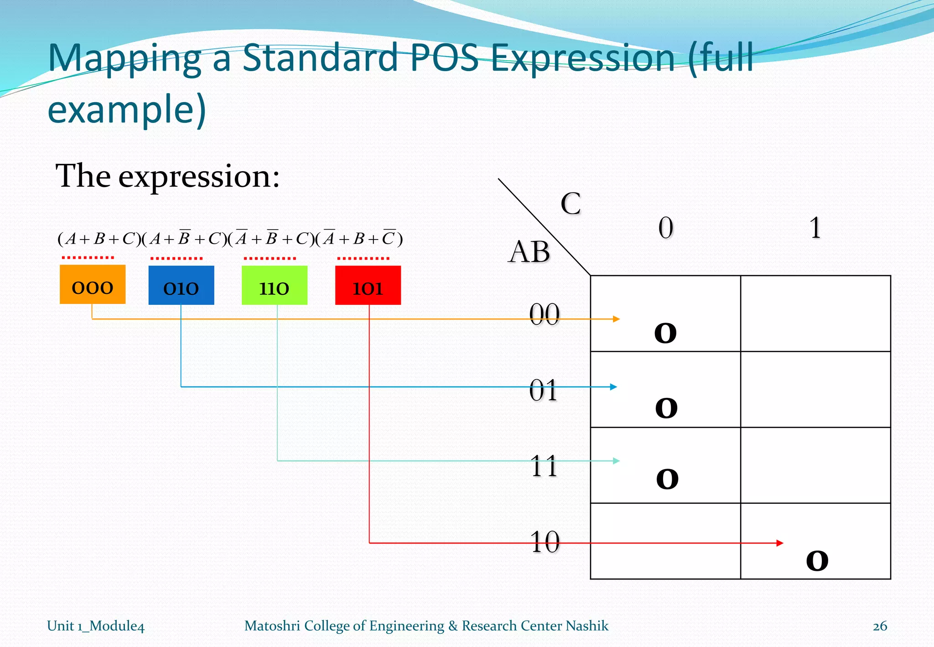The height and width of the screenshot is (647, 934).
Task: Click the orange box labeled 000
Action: point(93,284)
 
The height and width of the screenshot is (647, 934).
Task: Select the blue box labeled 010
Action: point(181,285)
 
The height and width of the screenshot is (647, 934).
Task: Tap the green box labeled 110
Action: point(274,285)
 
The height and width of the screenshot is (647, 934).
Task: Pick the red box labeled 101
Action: point(368,285)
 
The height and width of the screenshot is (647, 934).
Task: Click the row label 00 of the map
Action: point(544,314)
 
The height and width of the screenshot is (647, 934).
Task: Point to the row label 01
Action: point(543,391)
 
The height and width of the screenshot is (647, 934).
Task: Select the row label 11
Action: point(544,466)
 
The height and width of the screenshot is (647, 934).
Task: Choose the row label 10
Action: point(545,542)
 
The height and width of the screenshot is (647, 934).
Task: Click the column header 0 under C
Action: point(665,228)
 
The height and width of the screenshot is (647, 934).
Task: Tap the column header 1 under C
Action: point(815,228)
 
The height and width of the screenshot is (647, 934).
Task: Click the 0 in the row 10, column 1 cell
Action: point(817,561)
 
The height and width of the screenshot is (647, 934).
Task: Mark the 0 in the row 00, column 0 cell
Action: point(665,333)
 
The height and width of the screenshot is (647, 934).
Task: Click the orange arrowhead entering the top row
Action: point(616,319)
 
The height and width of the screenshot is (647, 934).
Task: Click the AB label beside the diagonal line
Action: point(529,252)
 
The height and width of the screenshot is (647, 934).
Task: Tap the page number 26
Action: point(880,626)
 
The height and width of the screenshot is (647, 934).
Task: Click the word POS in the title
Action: point(444,58)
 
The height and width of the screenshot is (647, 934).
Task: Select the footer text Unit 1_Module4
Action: point(96,626)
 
